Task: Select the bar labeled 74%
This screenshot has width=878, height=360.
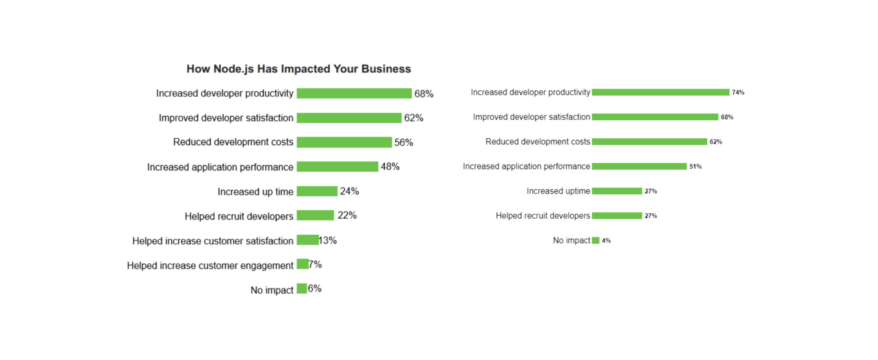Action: pos(660,92)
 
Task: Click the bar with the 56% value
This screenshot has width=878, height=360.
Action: pos(344,142)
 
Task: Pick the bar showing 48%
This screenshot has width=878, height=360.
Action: pos(337,167)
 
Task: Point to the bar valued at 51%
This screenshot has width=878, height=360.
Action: pos(639,166)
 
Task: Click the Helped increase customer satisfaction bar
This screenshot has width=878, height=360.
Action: pos(307,240)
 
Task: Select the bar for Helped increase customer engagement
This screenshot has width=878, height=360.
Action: pos(302,264)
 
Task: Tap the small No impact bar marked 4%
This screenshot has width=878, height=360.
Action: pos(595,241)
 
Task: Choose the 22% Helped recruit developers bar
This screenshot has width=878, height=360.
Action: pos(315,216)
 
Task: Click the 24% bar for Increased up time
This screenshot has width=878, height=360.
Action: pos(317,191)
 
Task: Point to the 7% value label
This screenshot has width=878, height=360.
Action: pos(316,264)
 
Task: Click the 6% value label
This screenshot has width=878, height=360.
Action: pos(315,288)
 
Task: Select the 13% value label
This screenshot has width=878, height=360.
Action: pos(328,241)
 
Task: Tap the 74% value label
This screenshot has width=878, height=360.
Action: pos(738,93)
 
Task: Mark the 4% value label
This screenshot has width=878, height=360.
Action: pos(606,241)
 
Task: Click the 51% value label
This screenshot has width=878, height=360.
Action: pos(695,166)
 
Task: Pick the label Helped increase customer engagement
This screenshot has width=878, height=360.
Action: pos(210,266)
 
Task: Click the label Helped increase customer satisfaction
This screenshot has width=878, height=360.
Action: pos(212,241)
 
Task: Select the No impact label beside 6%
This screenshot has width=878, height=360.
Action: pos(272,290)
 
